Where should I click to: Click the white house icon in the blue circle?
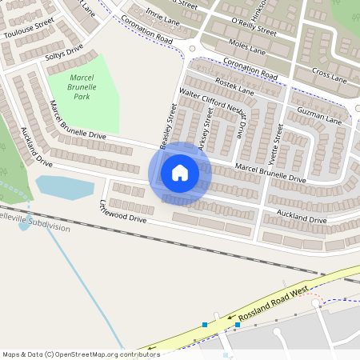click(179, 172)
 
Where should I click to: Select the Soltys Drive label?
click(64, 54)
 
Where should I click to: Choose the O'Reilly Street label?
click(253, 26)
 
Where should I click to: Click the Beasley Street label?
click(167, 126)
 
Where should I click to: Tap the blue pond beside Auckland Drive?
click(64, 188)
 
